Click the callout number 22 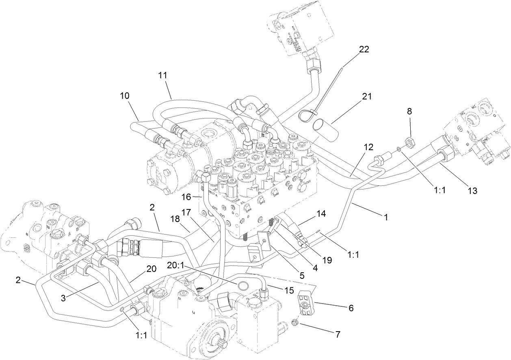[x=364, y=50]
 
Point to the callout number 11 [x=163, y=75]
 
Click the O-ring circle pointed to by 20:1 [x=243, y=285]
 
